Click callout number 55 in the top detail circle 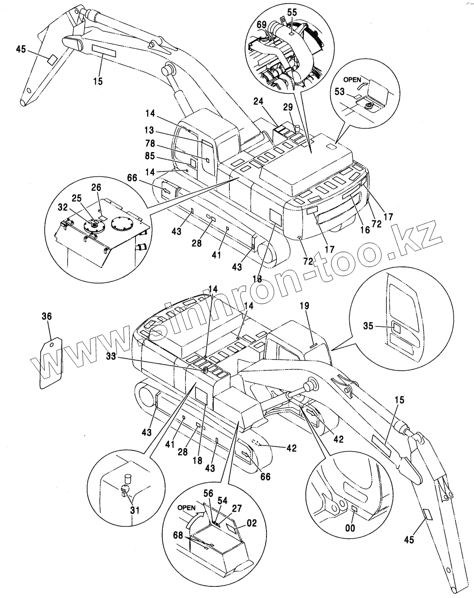point(292,13)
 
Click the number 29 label point(288,107)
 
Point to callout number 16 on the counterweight point(365,230)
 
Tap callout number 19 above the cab point(304,306)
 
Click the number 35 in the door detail point(368,327)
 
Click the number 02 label point(252,523)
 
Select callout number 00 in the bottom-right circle point(350,528)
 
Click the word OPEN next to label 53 point(352,80)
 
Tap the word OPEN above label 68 point(186,508)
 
